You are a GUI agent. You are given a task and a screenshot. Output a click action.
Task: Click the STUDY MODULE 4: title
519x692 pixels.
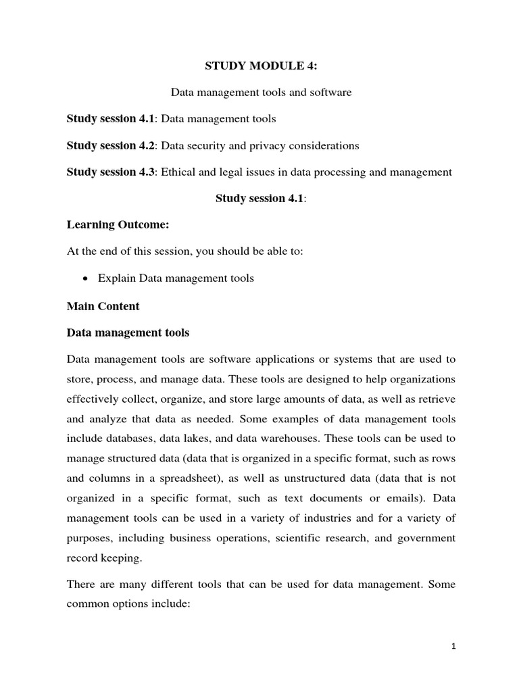coord(260,66)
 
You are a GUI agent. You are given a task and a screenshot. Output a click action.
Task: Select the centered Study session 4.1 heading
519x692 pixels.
coord(260,198)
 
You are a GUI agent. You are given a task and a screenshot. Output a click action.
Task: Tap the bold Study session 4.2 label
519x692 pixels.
coord(111,145)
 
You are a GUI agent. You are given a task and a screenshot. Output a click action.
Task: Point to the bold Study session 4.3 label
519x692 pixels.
coord(111,172)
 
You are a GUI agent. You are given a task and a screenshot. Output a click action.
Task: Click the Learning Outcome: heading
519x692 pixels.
coord(117,225)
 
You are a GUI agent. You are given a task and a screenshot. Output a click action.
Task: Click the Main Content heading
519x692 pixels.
coord(103,305)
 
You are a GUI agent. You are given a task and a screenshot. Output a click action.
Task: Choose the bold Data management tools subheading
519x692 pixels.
coord(128,332)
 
